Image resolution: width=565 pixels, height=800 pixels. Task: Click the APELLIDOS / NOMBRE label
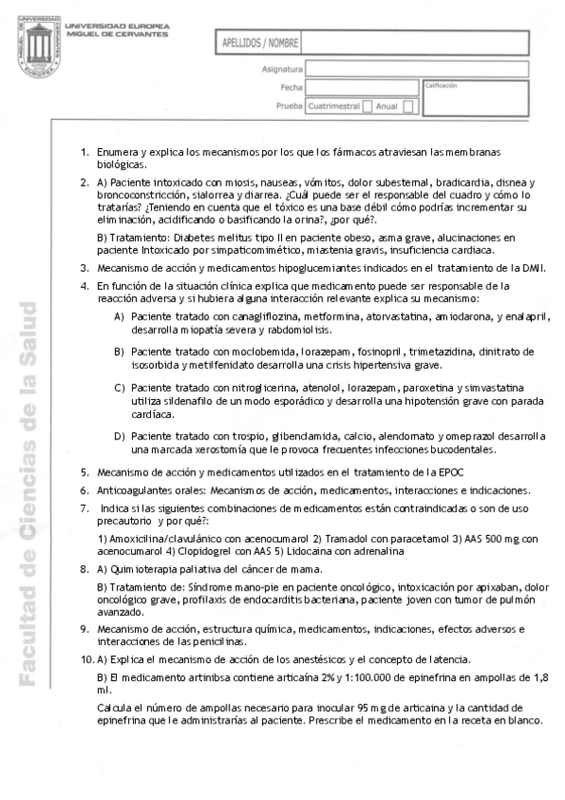(260, 43)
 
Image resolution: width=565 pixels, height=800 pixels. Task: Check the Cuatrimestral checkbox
(368, 107)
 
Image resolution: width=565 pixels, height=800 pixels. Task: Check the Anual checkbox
(407, 107)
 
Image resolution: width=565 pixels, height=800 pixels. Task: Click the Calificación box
(475, 97)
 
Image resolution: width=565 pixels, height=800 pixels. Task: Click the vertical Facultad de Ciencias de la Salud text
(28, 491)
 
